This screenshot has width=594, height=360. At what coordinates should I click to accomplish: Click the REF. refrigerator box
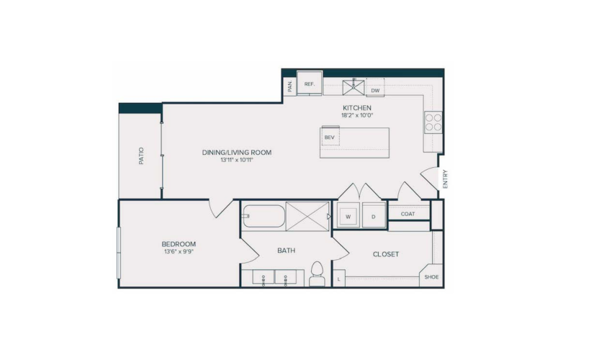coord(310,83)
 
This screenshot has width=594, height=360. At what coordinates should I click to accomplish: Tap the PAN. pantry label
coord(290,86)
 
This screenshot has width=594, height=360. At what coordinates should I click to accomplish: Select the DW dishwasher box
coord(375,88)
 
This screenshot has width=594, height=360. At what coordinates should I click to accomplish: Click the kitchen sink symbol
coord(354,87)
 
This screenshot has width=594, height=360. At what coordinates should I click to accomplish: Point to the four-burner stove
coord(433,122)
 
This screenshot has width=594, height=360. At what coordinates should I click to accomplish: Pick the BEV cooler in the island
coord(330,136)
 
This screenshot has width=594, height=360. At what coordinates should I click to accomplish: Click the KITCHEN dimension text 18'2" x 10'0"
coord(357,115)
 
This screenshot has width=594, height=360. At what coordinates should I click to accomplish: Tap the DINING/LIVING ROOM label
coord(237,153)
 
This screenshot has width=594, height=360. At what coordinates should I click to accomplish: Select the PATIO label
coord(141,156)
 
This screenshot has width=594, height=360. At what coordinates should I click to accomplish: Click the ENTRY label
coord(445,179)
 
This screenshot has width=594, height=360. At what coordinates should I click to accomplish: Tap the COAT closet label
coord(408,214)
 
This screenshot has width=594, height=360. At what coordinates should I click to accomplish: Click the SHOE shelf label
coord(431,277)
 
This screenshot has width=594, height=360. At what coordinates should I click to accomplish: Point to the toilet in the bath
coord(317,274)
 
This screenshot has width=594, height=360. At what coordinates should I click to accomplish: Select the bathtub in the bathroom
coord(264,217)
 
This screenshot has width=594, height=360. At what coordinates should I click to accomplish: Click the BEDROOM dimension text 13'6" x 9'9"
coord(179,251)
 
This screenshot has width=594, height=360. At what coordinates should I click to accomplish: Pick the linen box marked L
coord(338,279)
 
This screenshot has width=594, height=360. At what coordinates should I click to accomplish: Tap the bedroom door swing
coord(221,209)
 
